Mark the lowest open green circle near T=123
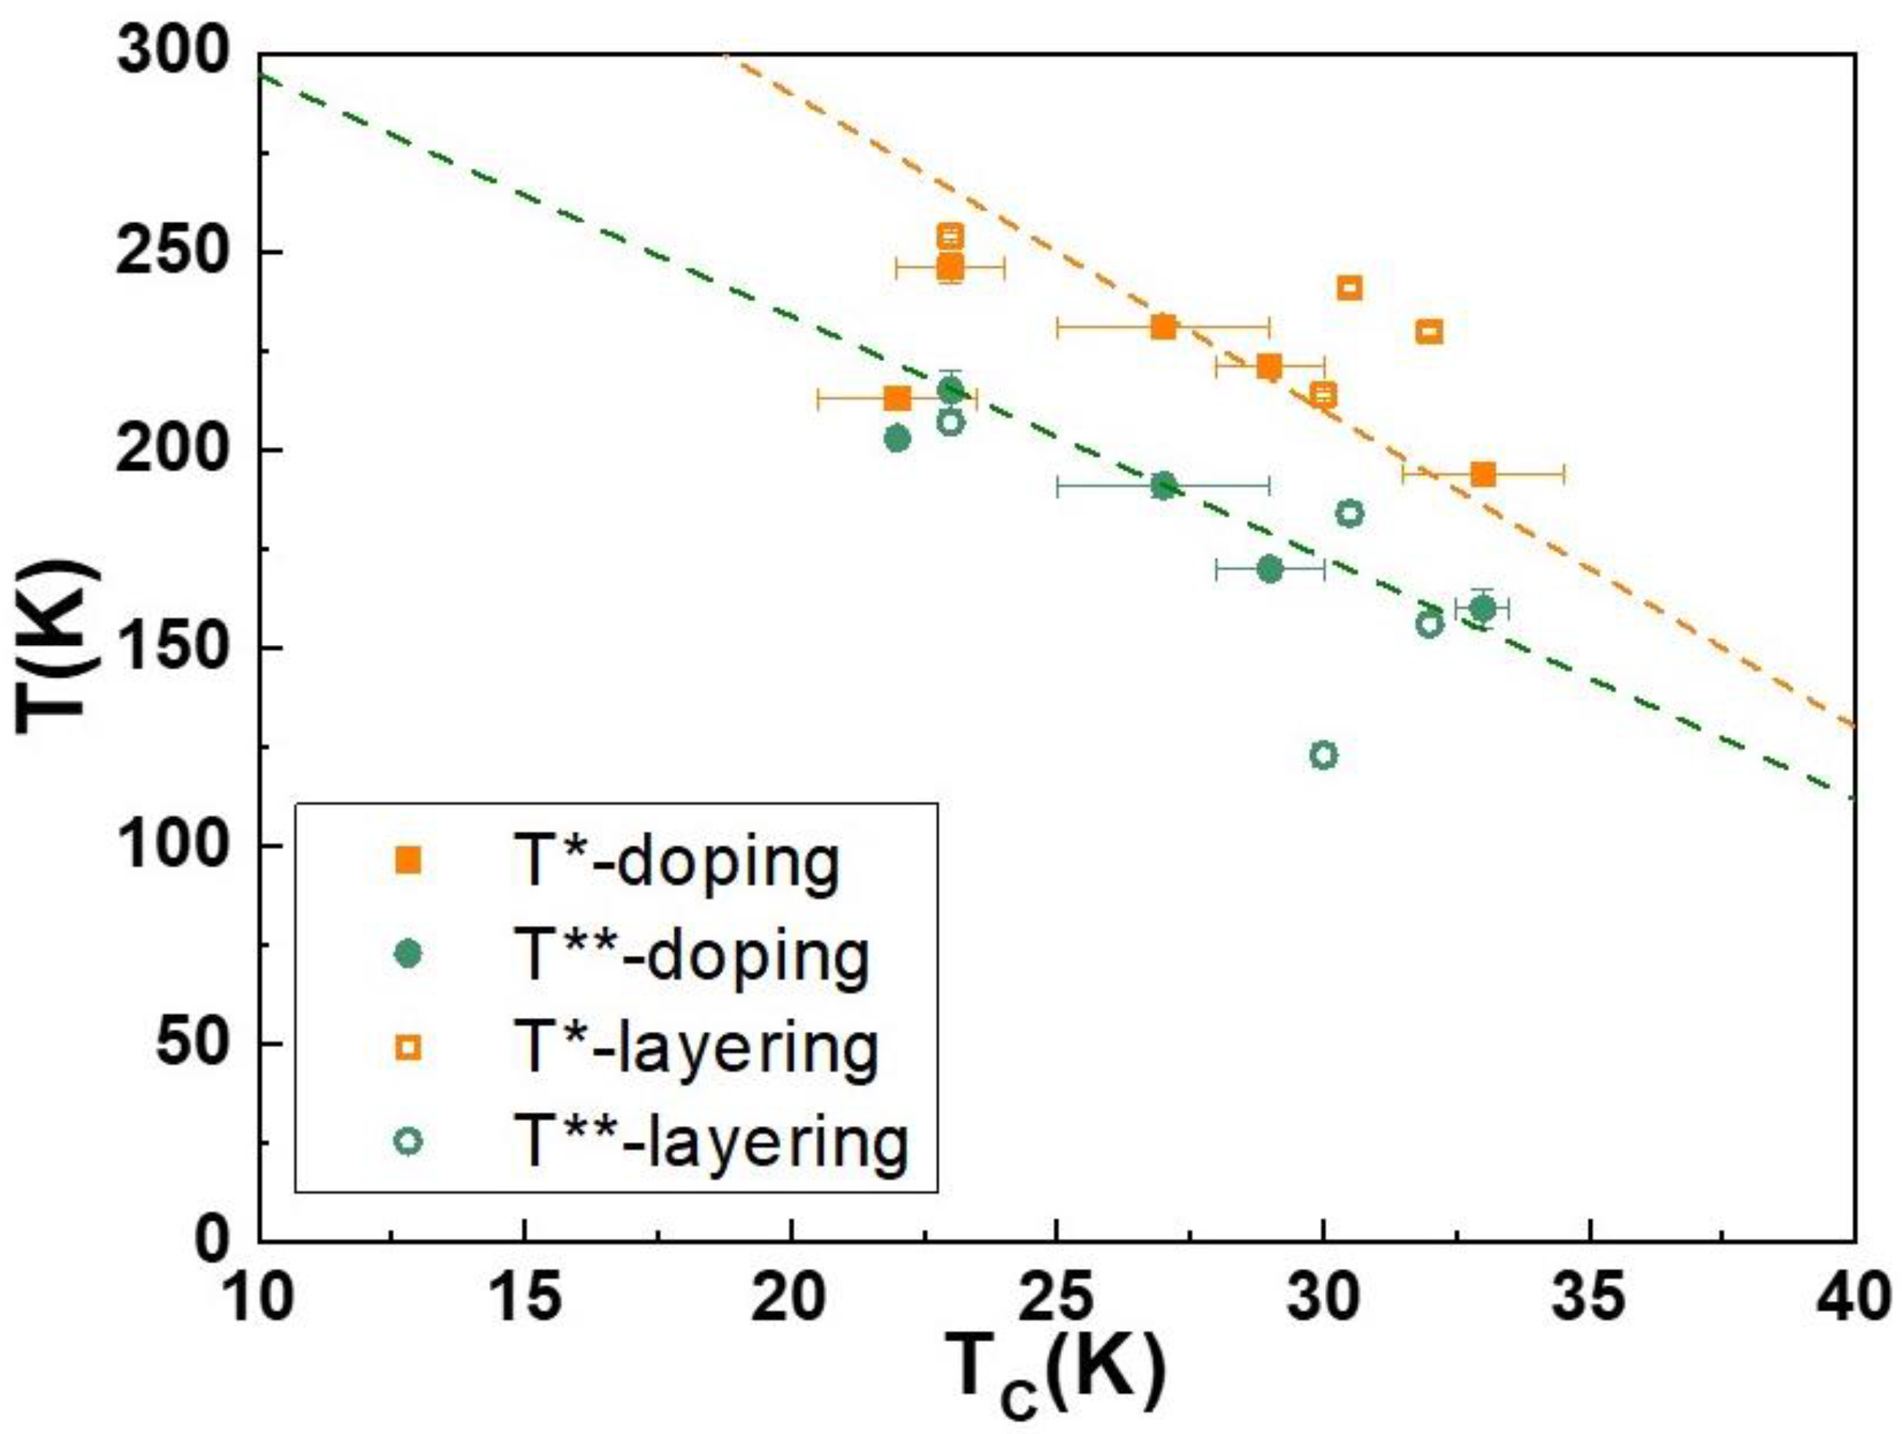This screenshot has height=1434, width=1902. point(1324,755)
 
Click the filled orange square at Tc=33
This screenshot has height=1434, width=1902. point(1483,474)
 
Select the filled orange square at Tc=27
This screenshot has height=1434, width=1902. point(1163,327)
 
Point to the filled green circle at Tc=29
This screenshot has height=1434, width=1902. point(1270,569)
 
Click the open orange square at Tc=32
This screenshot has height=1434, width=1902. point(1429,332)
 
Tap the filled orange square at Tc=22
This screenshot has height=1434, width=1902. point(897,398)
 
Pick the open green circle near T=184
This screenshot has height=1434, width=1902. point(1350,513)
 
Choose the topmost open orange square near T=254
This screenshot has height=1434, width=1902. point(950,235)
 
